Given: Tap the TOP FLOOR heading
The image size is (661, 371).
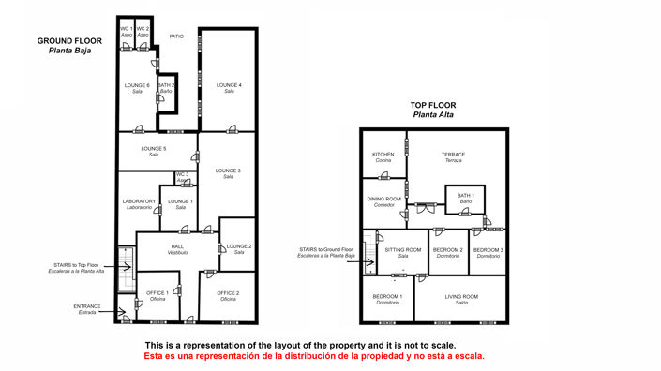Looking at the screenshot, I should pyautogui.click(x=432, y=105).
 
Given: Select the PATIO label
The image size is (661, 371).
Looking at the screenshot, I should pyautogui.click(x=175, y=37).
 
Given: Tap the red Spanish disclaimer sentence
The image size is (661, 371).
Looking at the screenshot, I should pyautogui.click(x=314, y=356).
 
